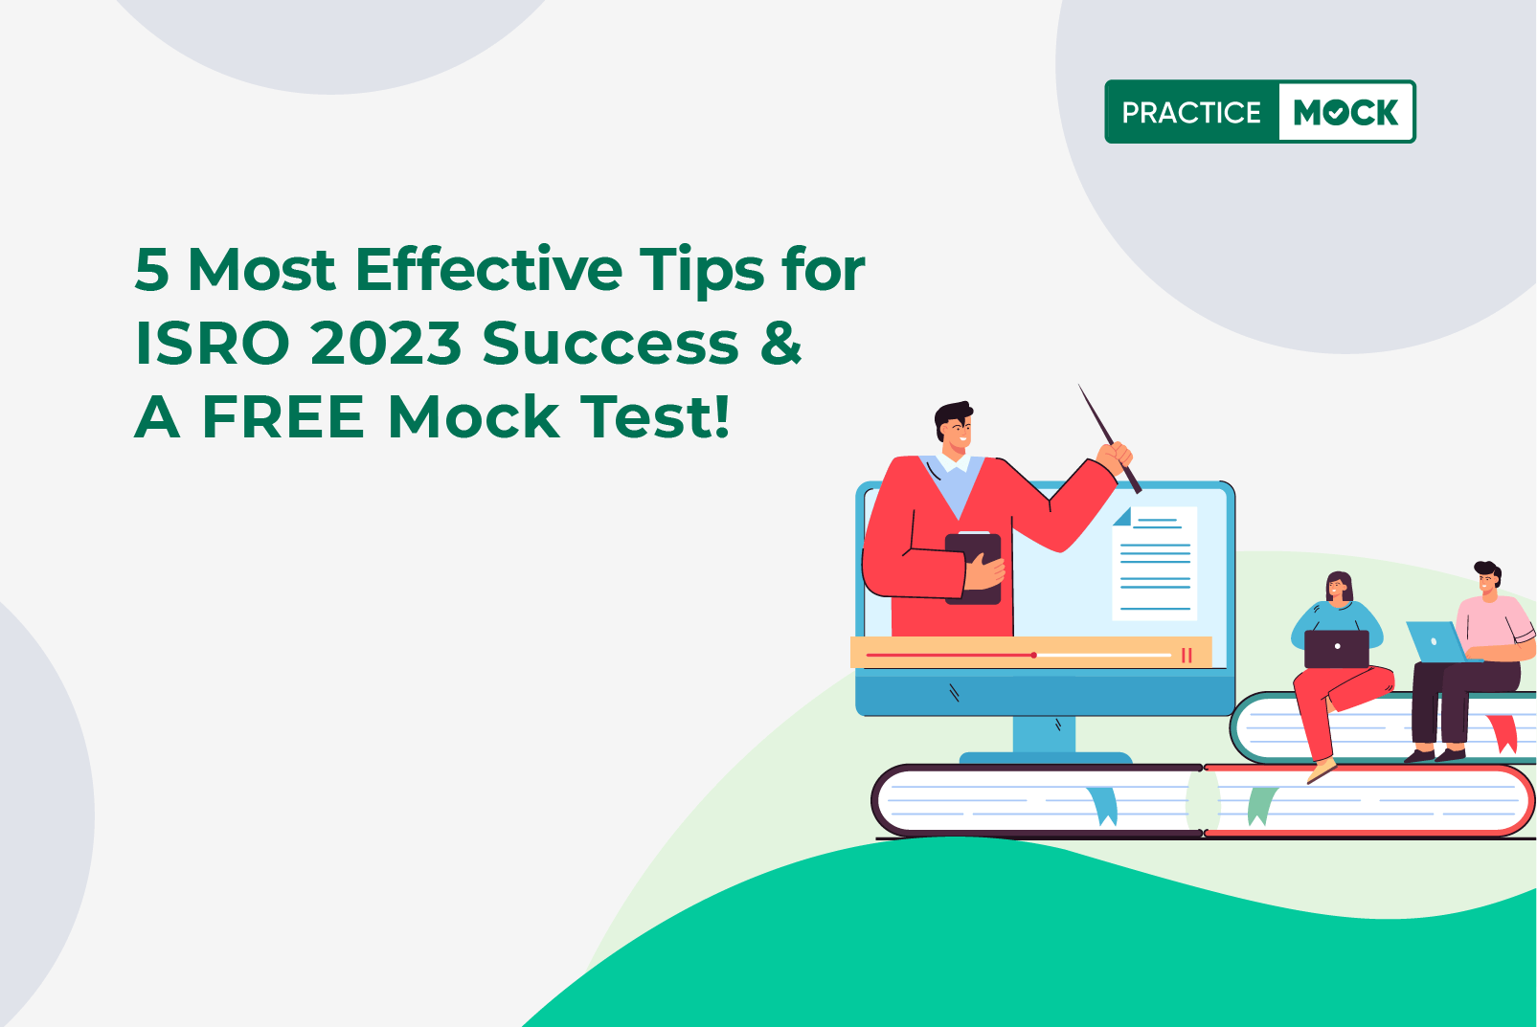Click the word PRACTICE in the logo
coord(1191,112)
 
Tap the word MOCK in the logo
coord(1345,112)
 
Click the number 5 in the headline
coord(151,270)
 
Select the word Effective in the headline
coord(488,270)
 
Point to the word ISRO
coord(212,344)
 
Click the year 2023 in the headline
coord(386,344)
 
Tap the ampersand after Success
coord(780,344)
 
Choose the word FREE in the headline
coord(283,417)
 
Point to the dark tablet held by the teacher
coord(973,569)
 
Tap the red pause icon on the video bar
coord(1187,656)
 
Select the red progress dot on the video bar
coord(1033,656)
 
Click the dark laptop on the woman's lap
coord(1337,649)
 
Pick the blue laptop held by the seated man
coord(1436,641)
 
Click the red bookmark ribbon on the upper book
coord(1502,733)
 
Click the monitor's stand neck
coord(1044,734)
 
